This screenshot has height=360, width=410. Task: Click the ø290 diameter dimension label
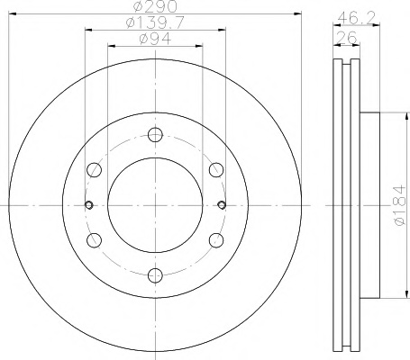(x=155, y=6)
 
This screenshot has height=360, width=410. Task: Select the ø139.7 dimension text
(x=155, y=22)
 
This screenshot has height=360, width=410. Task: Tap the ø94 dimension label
(x=155, y=39)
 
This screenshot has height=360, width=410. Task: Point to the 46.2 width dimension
(x=356, y=19)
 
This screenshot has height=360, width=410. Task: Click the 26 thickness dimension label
(x=347, y=38)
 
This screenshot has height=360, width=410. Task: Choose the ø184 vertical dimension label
(x=399, y=205)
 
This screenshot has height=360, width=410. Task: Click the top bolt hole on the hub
(x=155, y=134)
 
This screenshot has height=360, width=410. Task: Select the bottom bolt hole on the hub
(x=155, y=275)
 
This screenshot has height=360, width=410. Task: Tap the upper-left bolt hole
(x=94, y=170)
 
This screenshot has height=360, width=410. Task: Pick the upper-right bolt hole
(x=216, y=170)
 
